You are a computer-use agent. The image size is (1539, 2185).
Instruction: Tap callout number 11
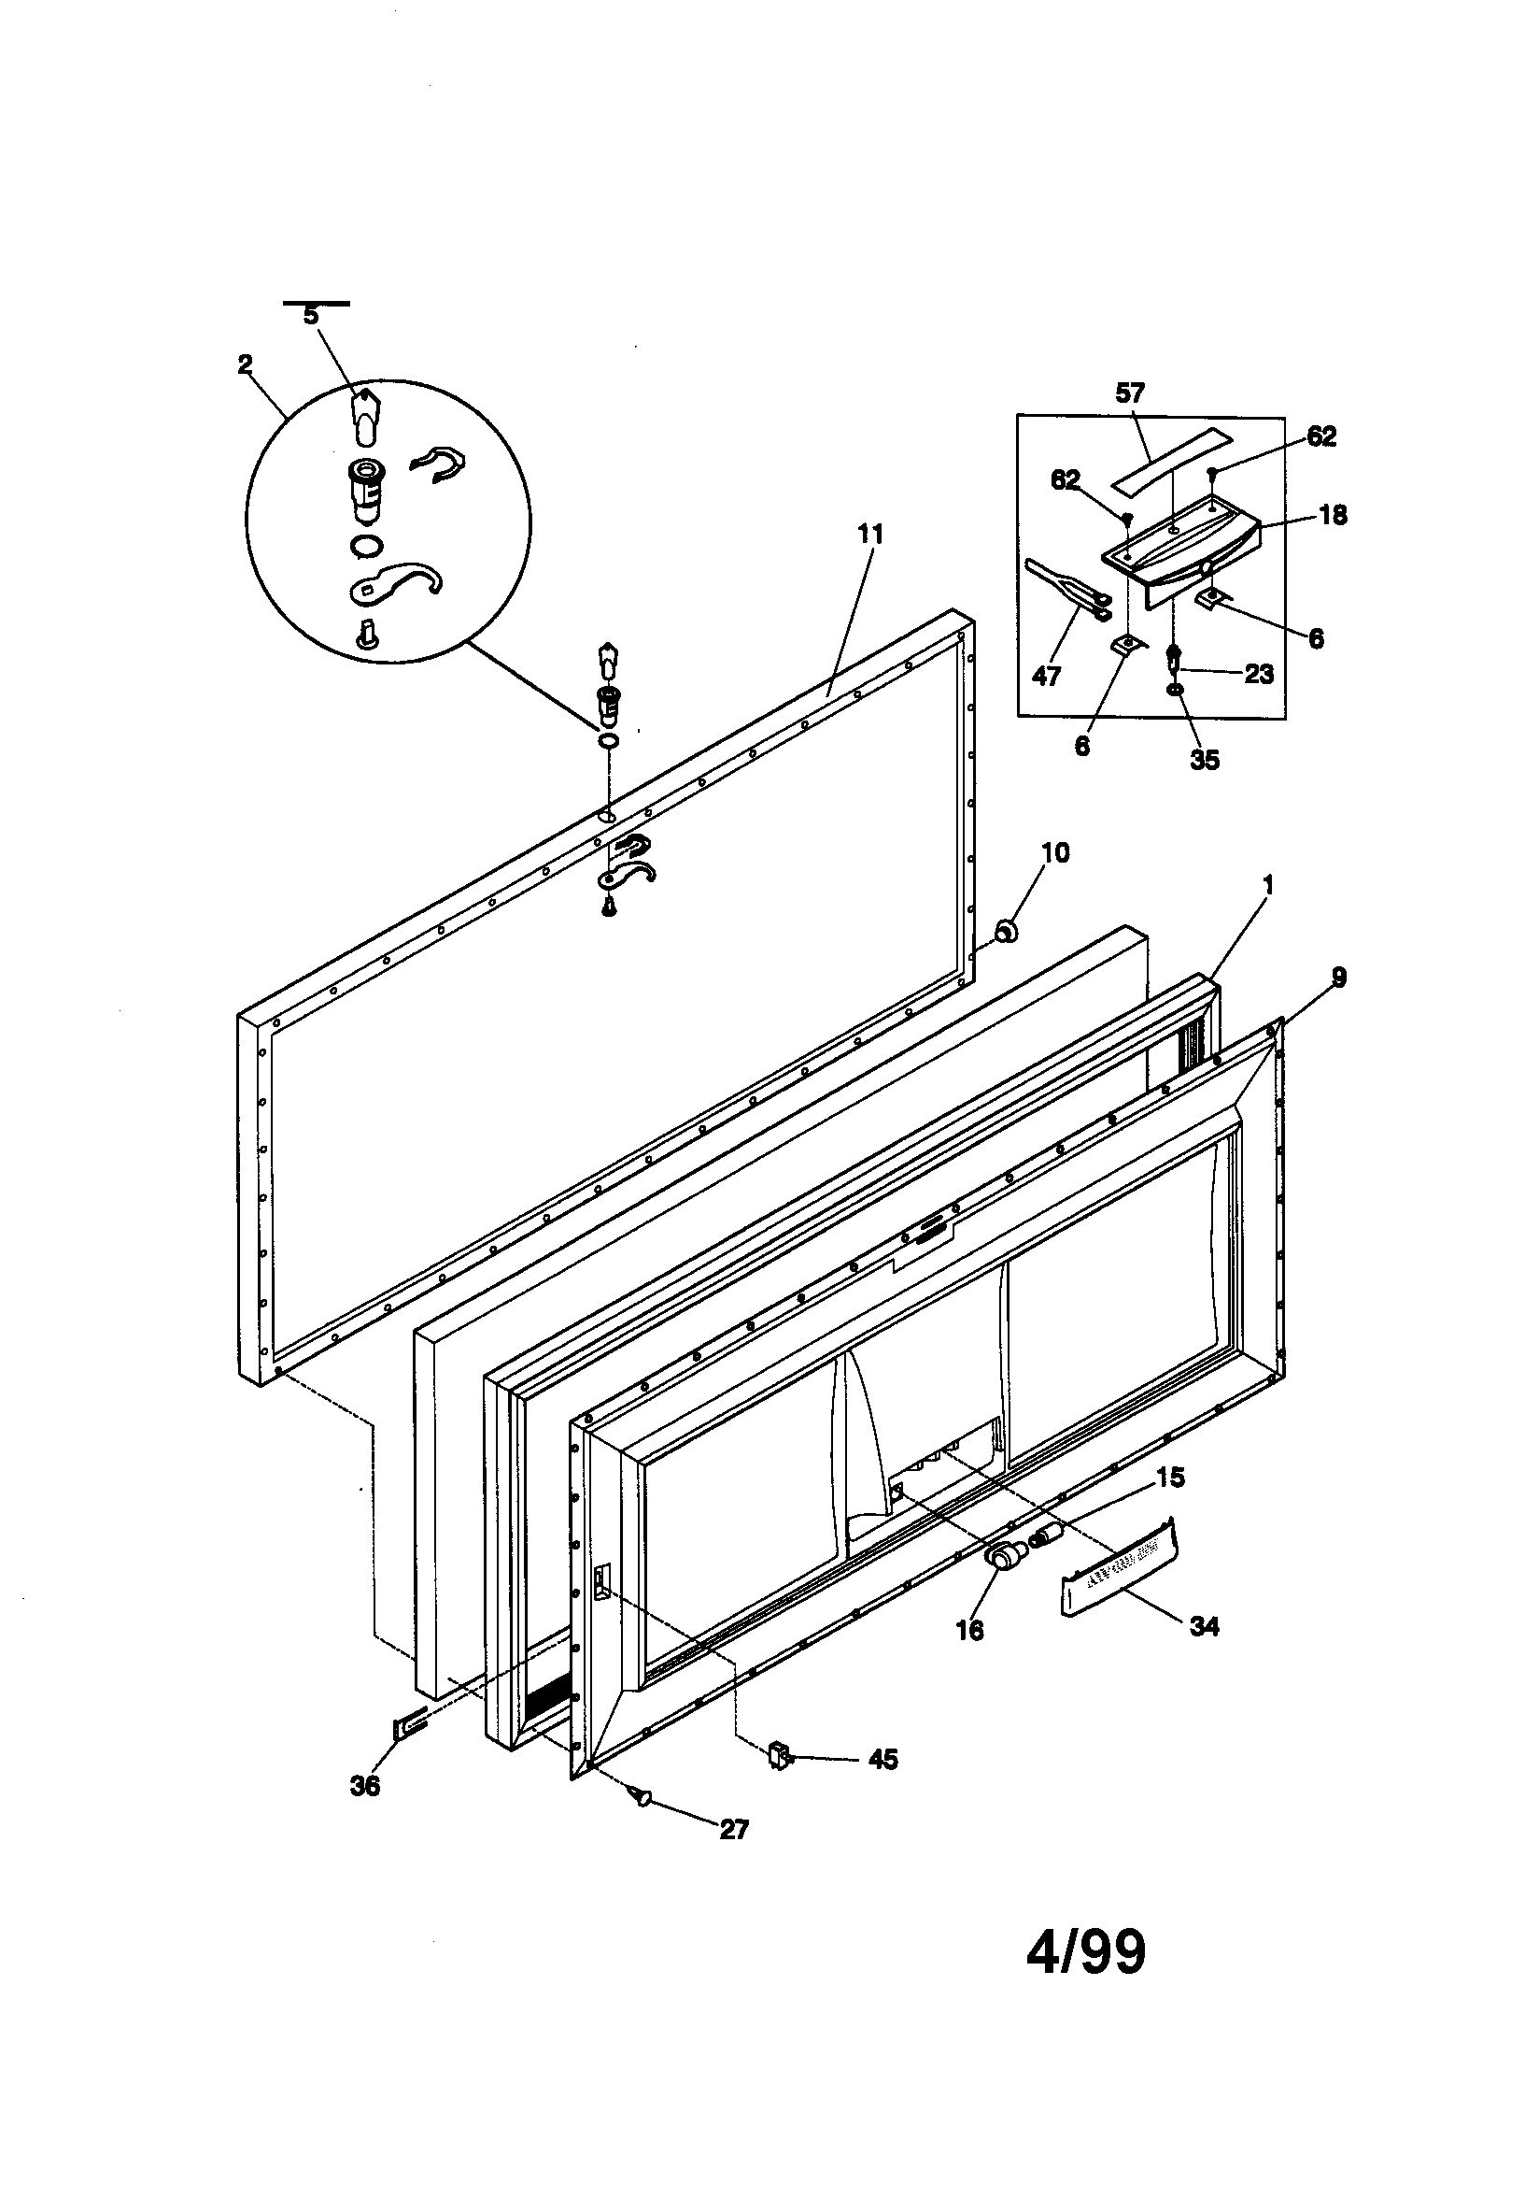(x=869, y=535)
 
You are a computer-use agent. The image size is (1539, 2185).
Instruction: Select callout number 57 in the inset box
(x=1129, y=393)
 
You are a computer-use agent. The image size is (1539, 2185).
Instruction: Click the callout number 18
(x=1333, y=515)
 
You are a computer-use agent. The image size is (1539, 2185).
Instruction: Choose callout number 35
(x=1204, y=760)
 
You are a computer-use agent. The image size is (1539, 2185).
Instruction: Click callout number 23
(x=1259, y=674)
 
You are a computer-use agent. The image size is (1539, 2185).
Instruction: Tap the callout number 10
(x=1055, y=851)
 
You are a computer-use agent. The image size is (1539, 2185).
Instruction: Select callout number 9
(x=1338, y=978)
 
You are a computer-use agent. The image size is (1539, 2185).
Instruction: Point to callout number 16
(x=969, y=1630)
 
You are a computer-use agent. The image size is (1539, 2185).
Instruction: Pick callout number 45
(x=882, y=1760)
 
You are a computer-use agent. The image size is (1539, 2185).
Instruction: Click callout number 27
(x=733, y=1829)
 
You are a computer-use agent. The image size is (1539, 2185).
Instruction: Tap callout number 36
(x=364, y=1786)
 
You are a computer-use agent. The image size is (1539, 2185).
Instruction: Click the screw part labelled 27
(x=640, y=1794)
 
